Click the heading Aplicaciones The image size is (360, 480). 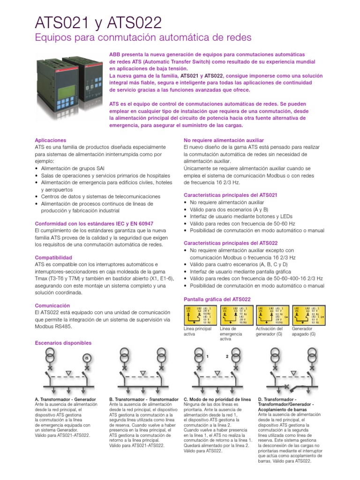(x=51, y=140)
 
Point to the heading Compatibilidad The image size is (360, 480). (x=53, y=258)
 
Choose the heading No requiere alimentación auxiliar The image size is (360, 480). (x=224, y=140)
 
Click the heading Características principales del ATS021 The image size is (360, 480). (x=231, y=194)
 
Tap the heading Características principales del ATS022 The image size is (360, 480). (x=231, y=243)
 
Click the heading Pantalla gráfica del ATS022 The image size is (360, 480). (x=217, y=299)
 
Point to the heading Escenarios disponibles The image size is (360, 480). (x=63, y=343)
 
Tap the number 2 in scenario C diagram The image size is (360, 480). (x=227, y=357)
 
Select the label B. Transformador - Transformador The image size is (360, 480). (x=144, y=399)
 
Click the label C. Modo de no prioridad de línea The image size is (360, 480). (x=217, y=399)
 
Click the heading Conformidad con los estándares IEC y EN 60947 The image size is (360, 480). (x=94, y=224)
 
